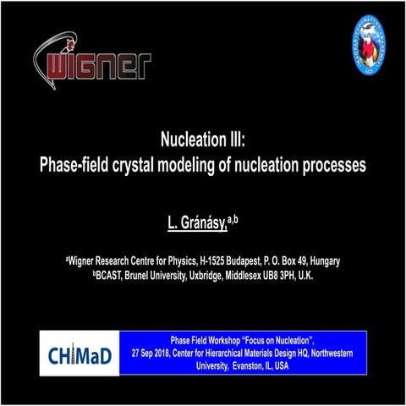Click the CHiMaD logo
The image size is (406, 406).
click(80, 353)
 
